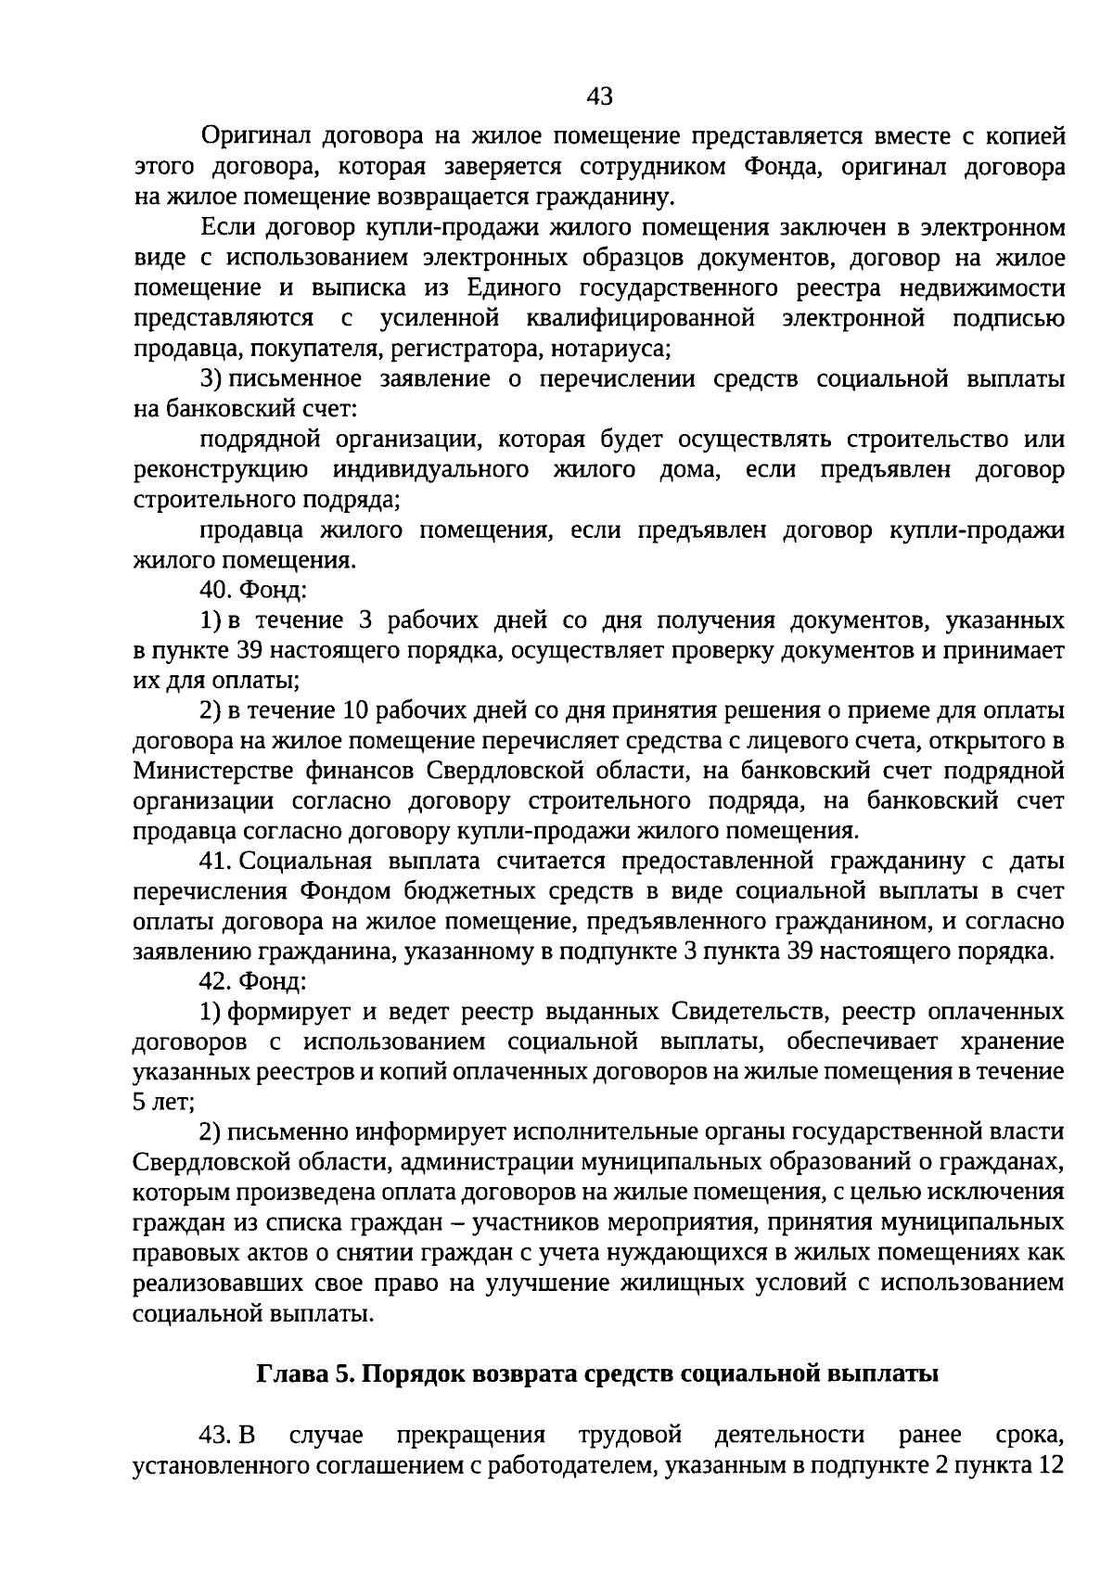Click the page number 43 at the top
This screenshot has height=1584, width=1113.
(600, 96)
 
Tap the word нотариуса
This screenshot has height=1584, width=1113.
(611, 350)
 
